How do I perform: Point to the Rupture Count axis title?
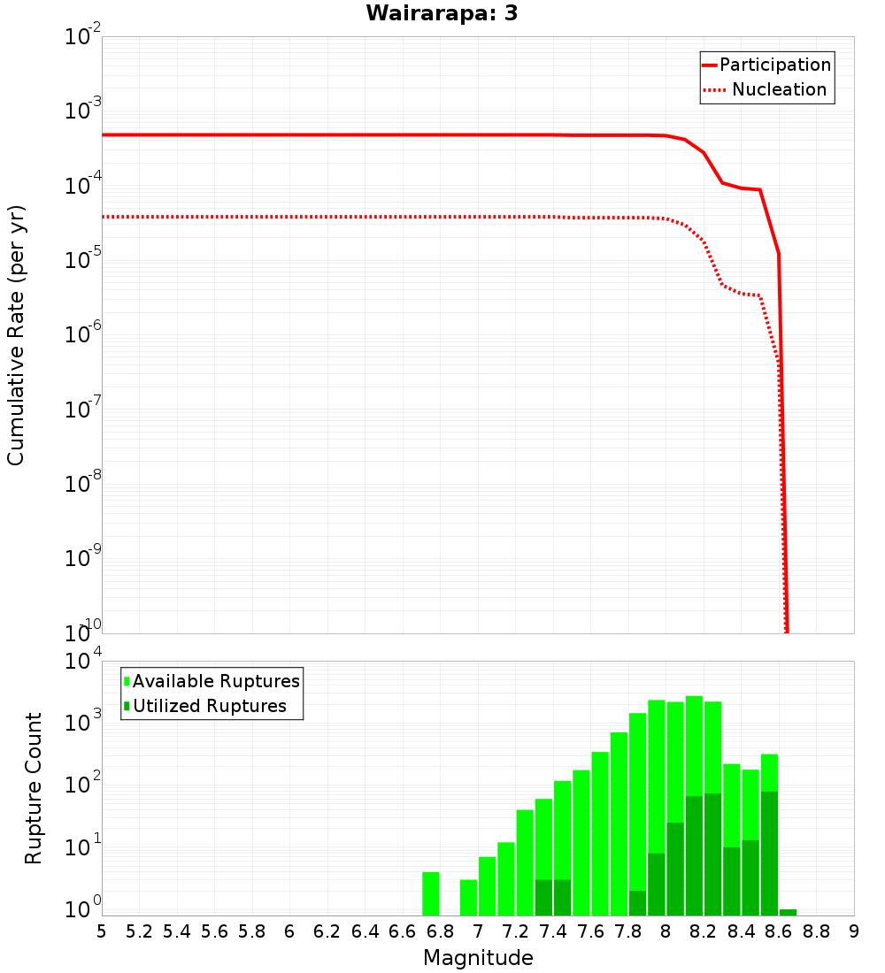34,787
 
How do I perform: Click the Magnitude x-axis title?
478,958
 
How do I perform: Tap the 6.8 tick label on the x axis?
440,931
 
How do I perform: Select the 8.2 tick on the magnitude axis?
704,931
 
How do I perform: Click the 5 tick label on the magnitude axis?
102,931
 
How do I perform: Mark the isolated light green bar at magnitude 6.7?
431,893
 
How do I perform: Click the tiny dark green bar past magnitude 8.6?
788,912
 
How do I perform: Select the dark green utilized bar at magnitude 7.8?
637,902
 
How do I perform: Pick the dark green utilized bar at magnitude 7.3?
543,897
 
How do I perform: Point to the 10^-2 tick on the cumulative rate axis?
81,38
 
